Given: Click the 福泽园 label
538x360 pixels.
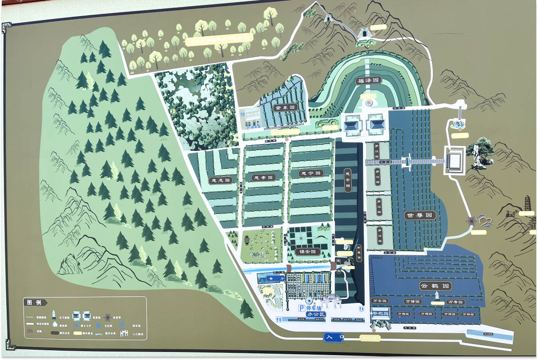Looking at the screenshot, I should tap(369, 81).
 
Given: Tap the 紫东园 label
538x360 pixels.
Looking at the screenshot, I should tap(285, 107).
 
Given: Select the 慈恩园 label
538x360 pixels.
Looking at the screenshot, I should tap(220, 180).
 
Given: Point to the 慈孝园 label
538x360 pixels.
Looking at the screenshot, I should tap(263, 177).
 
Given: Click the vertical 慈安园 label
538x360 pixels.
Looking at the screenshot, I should tap(348, 178).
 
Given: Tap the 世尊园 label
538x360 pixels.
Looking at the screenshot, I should tap(420, 215).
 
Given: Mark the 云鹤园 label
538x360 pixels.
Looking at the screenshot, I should tap(436, 285).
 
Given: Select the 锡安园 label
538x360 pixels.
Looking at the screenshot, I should tap(308, 252).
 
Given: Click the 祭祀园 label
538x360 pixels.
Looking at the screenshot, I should tap(380, 314).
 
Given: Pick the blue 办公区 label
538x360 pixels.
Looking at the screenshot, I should tap(316, 315).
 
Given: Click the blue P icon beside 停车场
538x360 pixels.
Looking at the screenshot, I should tap(302, 308).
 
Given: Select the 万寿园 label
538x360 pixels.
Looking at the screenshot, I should tap(455, 302).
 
